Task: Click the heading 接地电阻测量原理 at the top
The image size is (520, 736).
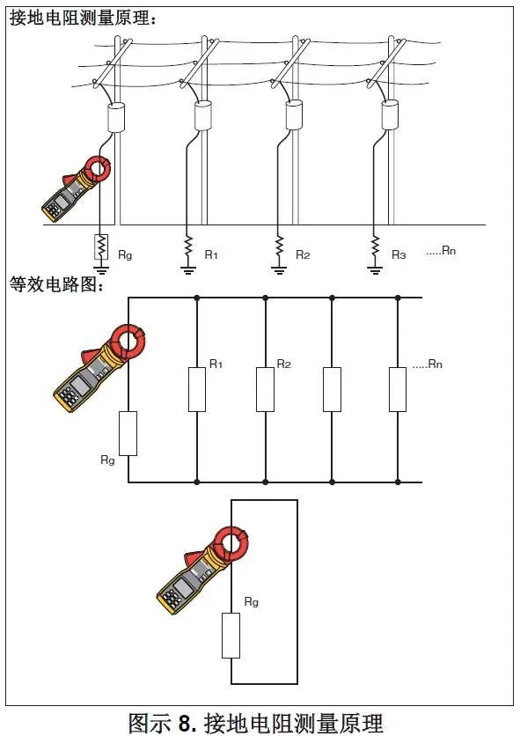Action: tap(84, 18)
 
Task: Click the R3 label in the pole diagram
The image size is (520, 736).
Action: tap(398, 254)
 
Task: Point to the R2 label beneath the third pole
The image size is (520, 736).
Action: tap(302, 254)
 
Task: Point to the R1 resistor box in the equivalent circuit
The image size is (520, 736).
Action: tap(197, 389)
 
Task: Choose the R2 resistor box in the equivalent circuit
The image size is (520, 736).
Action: tap(265, 389)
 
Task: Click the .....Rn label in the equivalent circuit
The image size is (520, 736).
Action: tap(427, 364)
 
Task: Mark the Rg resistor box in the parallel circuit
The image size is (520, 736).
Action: tap(128, 432)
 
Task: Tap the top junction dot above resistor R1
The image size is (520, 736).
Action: tap(197, 298)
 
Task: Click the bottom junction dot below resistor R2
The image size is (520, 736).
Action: tap(265, 482)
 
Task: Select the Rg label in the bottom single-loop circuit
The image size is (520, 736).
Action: tap(251, 602)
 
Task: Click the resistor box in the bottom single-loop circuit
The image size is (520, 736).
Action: tap(231, 637)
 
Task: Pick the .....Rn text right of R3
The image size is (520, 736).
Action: tap(440, 252)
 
